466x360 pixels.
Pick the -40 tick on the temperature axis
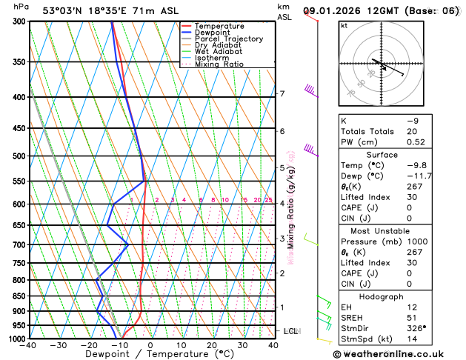tap(27, 345)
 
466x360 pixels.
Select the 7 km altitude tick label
tap(282, 94)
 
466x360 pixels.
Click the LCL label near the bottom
tap(290, 331)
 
